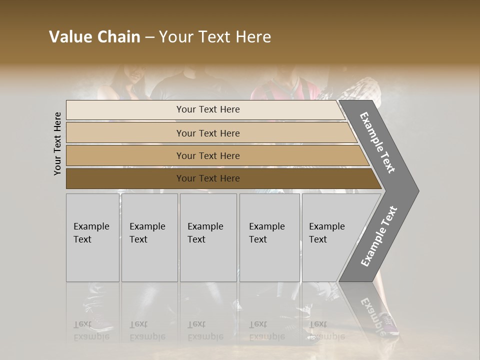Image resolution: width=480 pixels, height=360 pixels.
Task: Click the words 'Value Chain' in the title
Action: pos(94,37)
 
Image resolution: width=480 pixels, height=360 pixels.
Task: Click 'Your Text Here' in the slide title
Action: pos(215,37)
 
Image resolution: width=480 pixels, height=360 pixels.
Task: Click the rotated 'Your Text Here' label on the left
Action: pos(58,143)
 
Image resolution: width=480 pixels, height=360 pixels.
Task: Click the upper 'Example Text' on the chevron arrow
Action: pos(377,142)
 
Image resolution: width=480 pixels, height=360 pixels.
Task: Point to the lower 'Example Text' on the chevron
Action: pos(378,236)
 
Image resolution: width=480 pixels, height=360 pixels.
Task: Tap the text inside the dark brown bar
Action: pos(208,178)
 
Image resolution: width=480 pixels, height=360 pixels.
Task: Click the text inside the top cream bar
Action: pos(208,109)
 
